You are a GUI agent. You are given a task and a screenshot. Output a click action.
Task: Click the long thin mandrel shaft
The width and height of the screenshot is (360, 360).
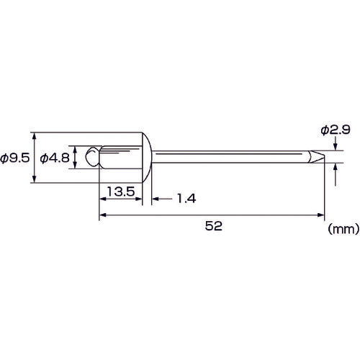click(230, 157)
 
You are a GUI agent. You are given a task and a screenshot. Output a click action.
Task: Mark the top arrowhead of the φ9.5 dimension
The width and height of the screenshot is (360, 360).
click(34, 136)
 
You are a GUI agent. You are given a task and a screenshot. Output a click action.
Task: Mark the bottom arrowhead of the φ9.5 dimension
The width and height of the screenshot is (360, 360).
click(34, 181)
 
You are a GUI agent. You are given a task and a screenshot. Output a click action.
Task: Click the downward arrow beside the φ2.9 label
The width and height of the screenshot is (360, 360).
click(336, 147)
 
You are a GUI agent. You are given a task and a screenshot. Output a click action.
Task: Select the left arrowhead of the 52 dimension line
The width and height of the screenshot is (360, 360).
click(102, 215)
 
